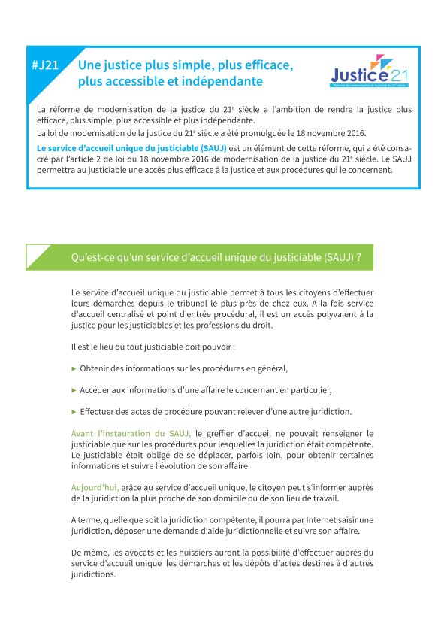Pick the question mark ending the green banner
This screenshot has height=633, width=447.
pyautogui.click(x=358, y=257)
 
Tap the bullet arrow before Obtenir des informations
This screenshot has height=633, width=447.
pyautogui.click(x=74, y=368)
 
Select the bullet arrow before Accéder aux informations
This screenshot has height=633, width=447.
pyautogui.click(x=74, y=390)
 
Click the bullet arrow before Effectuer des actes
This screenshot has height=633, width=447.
pyautogui.click(x=74, y=412)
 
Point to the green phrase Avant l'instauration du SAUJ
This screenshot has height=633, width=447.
pyautogui.click(x=131, y=434)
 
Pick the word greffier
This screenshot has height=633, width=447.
pyautogui.click(x=223, y=434)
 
